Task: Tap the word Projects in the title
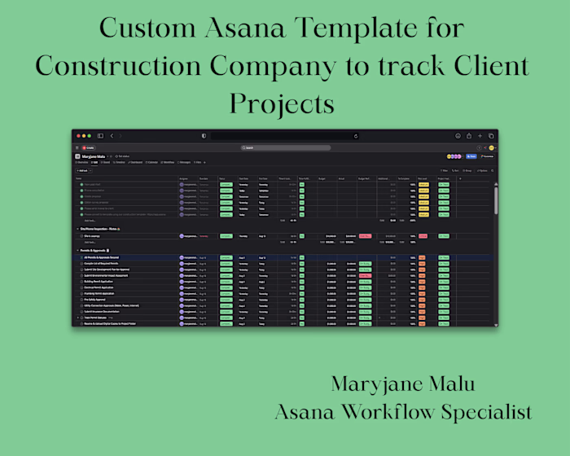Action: [x=282, y=103]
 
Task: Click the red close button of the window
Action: [x=77, y=135]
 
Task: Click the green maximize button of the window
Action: [x=89, y=135]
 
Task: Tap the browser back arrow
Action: [x=112, y=135]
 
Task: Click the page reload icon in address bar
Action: [x=355, y=136]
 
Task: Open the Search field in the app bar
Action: [x=285, y=147]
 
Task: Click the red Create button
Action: [x=88, y=147]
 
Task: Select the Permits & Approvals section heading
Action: [x=97, y=250]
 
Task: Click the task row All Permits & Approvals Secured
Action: [x=102, y=257]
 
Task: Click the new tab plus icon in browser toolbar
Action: [x=480, y=135]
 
